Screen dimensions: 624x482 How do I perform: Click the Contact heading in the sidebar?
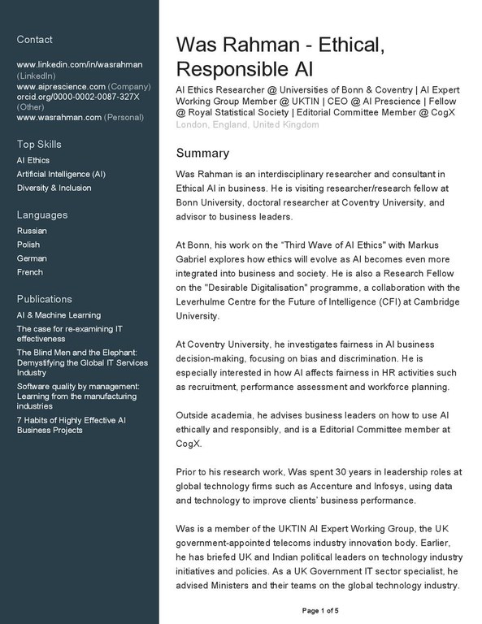[34, 40]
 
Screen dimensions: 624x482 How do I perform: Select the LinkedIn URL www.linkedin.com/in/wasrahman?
[80, 64]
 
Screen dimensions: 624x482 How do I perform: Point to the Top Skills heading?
[39, 145]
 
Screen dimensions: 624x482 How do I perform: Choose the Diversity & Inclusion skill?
[54, 188]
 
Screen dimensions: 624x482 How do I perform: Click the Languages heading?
[42, 215]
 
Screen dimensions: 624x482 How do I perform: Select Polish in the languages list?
[28, 245]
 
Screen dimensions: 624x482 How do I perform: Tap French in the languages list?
[29, 272]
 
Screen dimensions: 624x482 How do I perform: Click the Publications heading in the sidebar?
[45, 299]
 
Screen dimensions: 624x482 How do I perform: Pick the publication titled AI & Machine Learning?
[59, 315]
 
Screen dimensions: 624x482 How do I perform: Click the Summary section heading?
[202, 154]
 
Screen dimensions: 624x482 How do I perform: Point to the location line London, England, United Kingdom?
[248, 125]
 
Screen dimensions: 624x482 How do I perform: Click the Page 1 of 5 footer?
[320, 610]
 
